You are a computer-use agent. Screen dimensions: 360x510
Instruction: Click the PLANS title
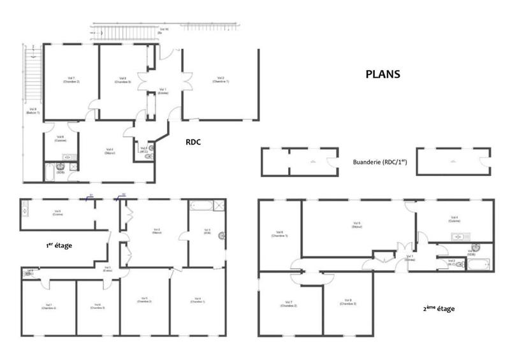(382, 74)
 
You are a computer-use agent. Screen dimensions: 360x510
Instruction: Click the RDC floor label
(193, 142)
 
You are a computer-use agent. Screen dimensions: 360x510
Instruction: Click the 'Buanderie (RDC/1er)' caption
(379, 162)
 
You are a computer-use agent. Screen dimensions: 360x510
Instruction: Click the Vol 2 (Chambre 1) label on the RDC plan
(221, 80)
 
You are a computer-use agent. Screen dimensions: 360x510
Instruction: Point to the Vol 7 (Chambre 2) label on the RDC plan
(71, 80)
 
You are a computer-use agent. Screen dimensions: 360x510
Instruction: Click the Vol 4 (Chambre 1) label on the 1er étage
(198, 299)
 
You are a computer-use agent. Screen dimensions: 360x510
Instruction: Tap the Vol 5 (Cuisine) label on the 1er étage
(57, 213)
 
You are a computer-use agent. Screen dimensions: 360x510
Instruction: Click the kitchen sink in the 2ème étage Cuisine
(459, 237)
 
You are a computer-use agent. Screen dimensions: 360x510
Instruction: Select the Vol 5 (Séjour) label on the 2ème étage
(357, 224)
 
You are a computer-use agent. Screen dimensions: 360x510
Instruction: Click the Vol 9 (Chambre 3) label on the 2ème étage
(347, 302)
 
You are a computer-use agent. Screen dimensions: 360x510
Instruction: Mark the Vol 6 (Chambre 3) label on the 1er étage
(98, 306)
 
